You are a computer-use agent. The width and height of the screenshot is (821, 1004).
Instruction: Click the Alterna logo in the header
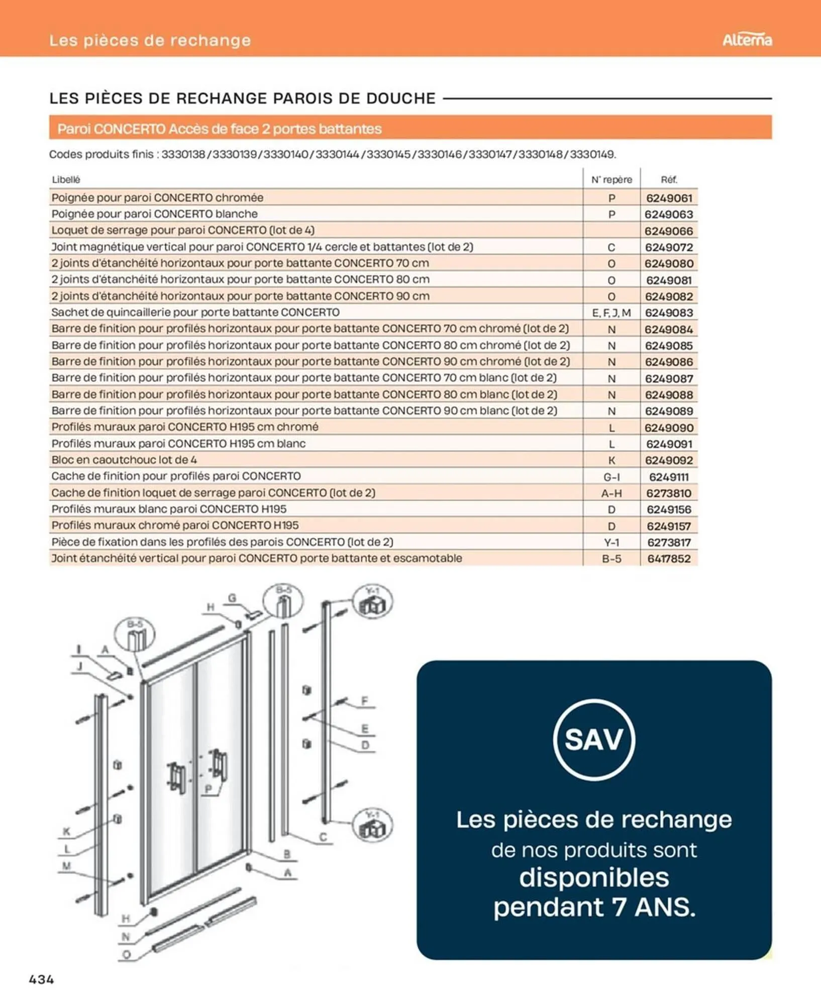[747, 40]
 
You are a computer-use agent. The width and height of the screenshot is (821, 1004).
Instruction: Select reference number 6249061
[669, 198]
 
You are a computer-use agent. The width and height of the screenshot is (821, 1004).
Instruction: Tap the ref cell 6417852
[669, 558]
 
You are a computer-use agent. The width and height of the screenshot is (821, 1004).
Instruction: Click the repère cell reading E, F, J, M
[611, 313]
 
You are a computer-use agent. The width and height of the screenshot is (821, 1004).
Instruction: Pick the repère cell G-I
[611, 476]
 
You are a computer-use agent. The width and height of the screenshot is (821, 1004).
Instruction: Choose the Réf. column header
[669, 179]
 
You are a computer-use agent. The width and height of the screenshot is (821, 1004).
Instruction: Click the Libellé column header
[66, 179]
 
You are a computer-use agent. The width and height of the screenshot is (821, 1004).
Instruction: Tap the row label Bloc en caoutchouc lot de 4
[124, 460]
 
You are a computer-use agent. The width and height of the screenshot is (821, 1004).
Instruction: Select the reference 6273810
[669, 493]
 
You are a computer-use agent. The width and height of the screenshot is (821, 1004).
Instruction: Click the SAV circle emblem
[594, 739]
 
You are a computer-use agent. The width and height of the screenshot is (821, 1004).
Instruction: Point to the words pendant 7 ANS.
[594, 907]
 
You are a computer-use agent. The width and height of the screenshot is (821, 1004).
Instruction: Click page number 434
[42, 979]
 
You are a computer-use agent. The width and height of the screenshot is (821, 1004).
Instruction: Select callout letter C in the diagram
[323, 837]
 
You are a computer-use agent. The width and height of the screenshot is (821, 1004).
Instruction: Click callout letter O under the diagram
[127, 954]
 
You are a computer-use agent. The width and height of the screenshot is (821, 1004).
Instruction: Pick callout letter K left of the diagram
[66, 832]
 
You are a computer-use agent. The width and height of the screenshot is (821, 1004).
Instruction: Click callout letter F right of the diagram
[365, 701]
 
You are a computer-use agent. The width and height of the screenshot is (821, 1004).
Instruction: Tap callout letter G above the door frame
[232, 598]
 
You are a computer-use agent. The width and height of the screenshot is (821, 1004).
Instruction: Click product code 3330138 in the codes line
[183, 154]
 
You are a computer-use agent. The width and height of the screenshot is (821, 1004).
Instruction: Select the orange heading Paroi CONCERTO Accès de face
[219, 129]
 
